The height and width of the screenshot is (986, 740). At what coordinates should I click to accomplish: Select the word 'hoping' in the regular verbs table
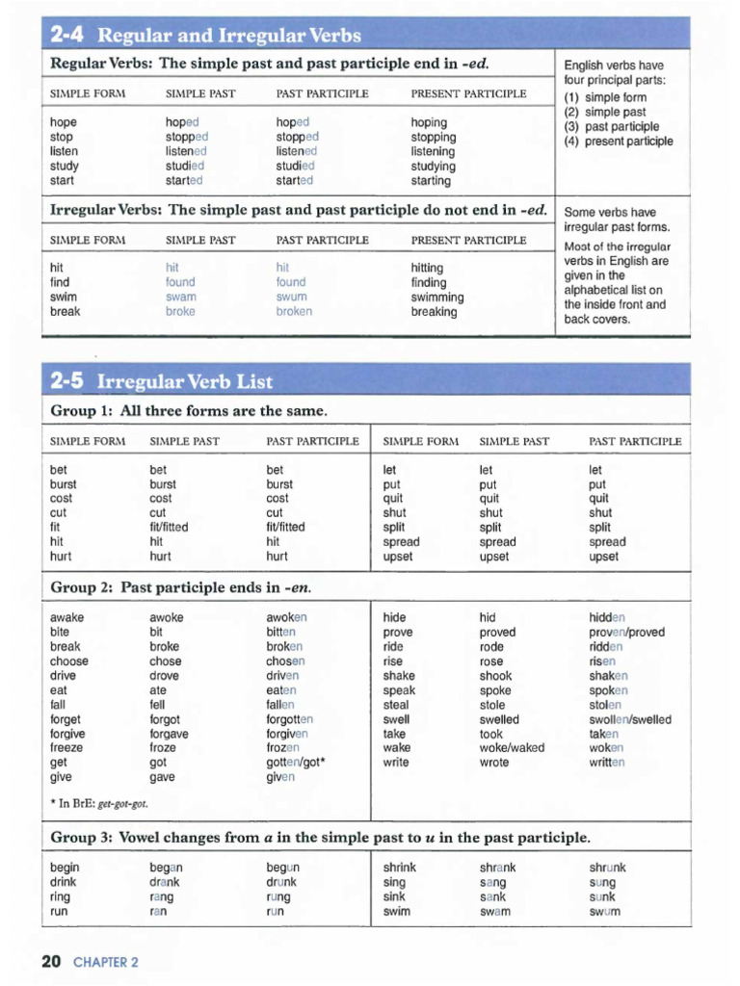point(429,122)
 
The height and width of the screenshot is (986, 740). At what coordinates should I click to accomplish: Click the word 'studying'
point(434,166)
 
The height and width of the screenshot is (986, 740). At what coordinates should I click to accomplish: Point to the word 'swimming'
point(437,297)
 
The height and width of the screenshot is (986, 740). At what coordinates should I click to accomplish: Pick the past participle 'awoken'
point(286,617)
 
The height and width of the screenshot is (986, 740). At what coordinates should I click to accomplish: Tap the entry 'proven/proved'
point(626,633)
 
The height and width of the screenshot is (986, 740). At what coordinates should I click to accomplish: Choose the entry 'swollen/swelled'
point(630,719)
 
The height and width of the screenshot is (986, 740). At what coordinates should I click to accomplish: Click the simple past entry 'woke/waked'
point(512,748)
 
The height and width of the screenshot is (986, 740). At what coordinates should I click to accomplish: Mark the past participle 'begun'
point(282,867)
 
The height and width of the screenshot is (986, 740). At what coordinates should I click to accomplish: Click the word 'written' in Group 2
point(607,763)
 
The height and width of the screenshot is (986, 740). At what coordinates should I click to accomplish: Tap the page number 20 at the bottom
point(51,961)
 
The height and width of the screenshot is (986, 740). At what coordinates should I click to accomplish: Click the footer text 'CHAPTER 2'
point(106,962)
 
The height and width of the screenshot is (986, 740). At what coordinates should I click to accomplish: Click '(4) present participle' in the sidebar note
point(619,142)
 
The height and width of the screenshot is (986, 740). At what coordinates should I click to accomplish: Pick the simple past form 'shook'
point(495,676)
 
